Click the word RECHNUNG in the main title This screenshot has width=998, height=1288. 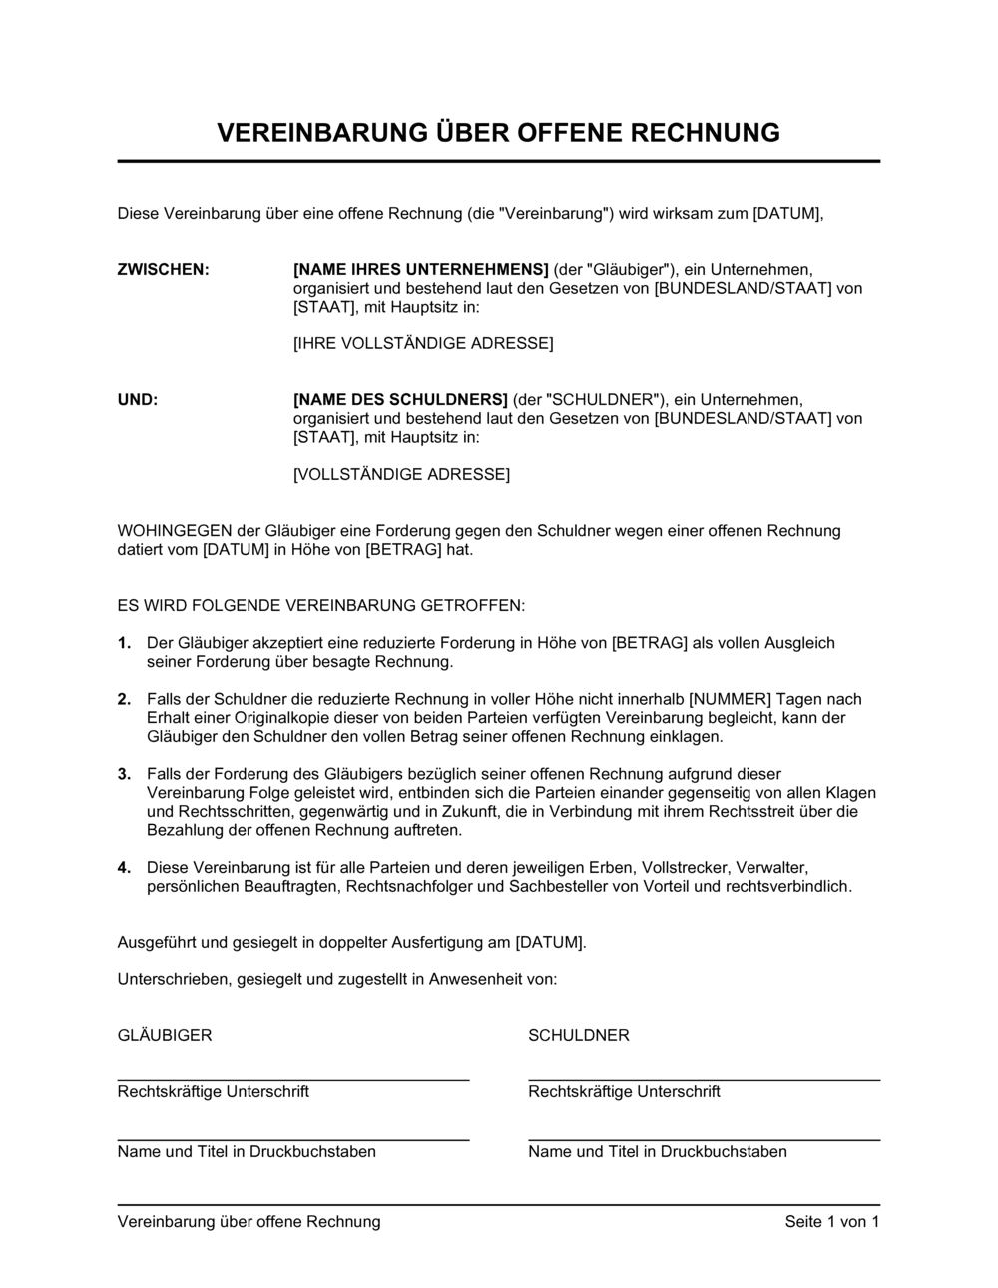(x=703, y=133)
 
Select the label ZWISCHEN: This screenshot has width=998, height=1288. (x=164, y=270)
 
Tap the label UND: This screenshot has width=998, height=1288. (x=138, y=400)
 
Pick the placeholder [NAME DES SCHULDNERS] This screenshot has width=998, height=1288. (x=400, y=400)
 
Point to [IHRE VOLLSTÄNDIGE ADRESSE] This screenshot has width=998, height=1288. (x=423, y=344)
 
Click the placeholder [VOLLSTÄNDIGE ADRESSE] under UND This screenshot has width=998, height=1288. (x=401, y=475)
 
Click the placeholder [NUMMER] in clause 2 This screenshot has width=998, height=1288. (x=731, y=699)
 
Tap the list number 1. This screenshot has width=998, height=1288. (x=124, y=643)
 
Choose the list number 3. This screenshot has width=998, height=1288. (x=124, y=774)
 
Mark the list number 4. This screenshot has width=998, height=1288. (x=124, y=868)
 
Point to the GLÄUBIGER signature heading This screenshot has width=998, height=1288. (x=165, y=1036)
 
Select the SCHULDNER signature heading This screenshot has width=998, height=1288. (x=579, y=1036)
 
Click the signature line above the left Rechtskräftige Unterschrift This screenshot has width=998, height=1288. (x=293, y=1080)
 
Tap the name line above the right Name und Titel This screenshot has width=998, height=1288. (x=704, y=1140)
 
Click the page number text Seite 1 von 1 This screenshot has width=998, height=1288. (x=832, y=1222)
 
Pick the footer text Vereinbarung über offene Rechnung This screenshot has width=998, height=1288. (x=249, y=1222)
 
